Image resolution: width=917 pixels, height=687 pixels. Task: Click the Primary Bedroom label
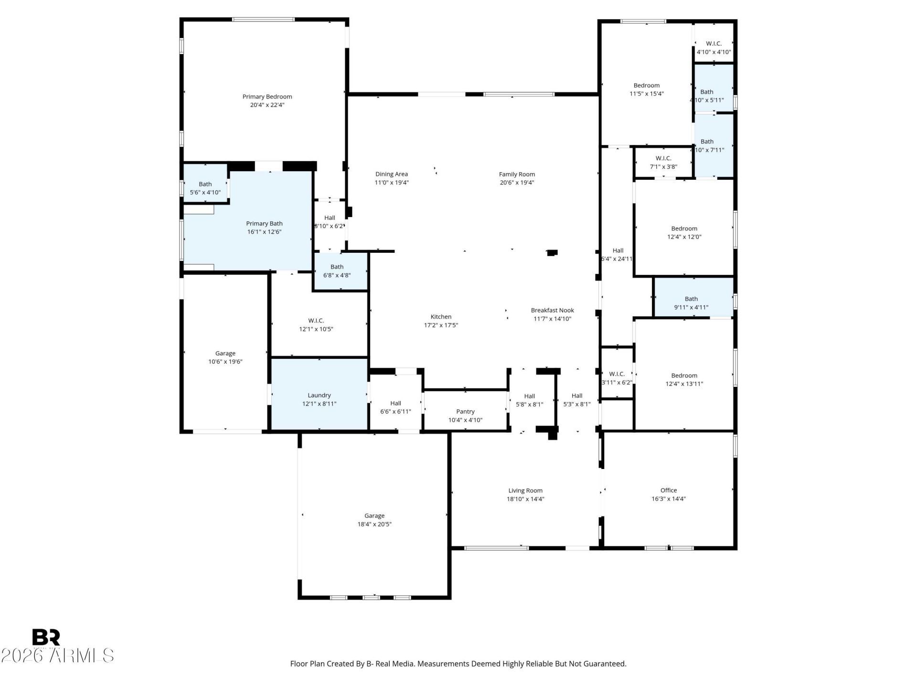267,97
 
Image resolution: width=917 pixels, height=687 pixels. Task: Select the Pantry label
465,411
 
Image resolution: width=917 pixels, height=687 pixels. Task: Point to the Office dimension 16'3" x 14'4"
669,499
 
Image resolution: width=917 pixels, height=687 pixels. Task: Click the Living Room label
525,490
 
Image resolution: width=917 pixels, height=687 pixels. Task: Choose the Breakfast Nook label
553,310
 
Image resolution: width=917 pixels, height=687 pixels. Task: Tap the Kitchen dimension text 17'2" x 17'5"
441,325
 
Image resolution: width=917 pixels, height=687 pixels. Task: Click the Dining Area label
392,174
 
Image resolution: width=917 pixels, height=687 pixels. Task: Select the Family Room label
517,174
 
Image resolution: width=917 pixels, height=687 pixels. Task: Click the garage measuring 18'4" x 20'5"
374,515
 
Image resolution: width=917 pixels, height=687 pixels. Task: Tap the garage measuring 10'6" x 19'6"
225,353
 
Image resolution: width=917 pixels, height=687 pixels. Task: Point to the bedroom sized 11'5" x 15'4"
646,86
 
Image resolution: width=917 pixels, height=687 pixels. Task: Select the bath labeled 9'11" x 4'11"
693,297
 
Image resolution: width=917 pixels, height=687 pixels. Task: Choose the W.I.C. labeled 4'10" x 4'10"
714,43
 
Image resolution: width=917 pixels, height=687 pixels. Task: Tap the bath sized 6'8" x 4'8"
341,271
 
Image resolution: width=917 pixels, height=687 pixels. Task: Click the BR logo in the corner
46,637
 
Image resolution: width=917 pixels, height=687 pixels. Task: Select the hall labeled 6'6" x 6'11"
395,403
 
